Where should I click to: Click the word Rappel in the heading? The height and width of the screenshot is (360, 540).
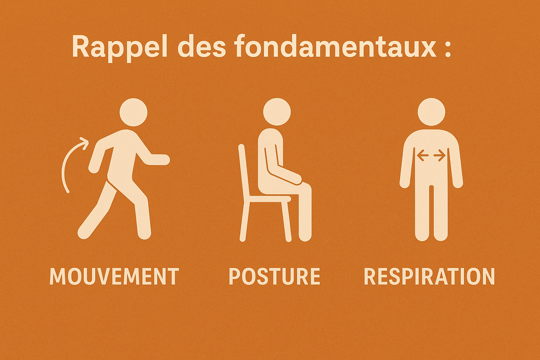(120, 47)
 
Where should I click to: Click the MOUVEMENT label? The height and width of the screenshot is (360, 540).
(114, 276)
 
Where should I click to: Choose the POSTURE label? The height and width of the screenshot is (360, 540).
(274, 276)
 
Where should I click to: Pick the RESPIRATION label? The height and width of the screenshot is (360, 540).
(429, 276)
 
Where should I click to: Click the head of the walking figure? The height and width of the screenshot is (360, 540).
(133, 112)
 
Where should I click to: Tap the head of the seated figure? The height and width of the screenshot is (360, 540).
(276, 112)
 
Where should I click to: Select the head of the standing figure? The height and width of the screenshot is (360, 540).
(431, 112)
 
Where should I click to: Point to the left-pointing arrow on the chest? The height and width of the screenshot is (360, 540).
(422, 155)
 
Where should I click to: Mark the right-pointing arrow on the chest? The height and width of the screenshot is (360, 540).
(439, 155)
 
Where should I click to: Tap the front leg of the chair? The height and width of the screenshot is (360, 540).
(286, 220)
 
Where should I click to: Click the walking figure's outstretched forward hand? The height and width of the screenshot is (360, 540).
(162, 160)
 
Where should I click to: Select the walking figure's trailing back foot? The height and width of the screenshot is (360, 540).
(84, 232)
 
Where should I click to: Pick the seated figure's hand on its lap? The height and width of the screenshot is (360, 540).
(296, 179)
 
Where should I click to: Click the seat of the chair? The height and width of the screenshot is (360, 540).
(268, 199)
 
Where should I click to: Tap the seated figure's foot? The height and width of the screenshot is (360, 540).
(305, 236)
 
